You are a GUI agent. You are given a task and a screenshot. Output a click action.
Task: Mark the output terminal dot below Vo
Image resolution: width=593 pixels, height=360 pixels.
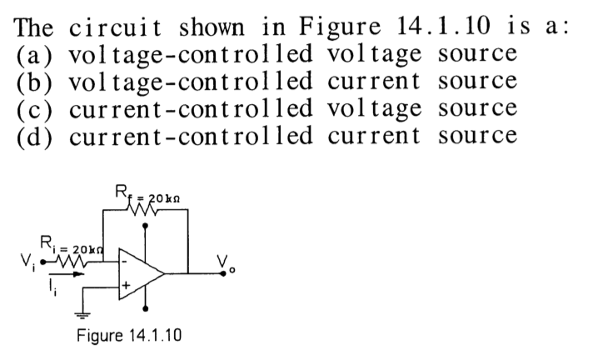point(224,272)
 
